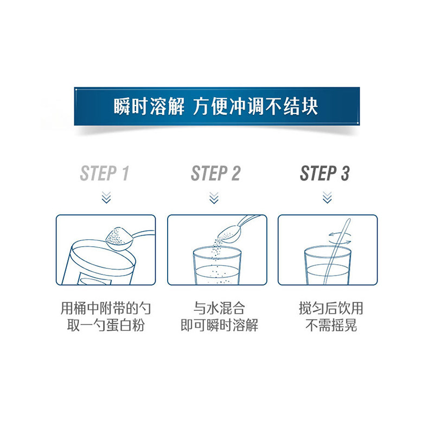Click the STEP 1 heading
[105, 174]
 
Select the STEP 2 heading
[215, 174]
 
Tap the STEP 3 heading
[325, 174]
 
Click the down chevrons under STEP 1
[106, 197]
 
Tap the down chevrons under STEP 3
[327, 197]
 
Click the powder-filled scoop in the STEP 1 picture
[118, 238]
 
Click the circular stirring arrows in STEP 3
[340, 234]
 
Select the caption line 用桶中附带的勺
[106, 309]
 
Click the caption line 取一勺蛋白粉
[106, 326]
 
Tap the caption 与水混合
[219, 309]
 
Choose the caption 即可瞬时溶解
[219, 326]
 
